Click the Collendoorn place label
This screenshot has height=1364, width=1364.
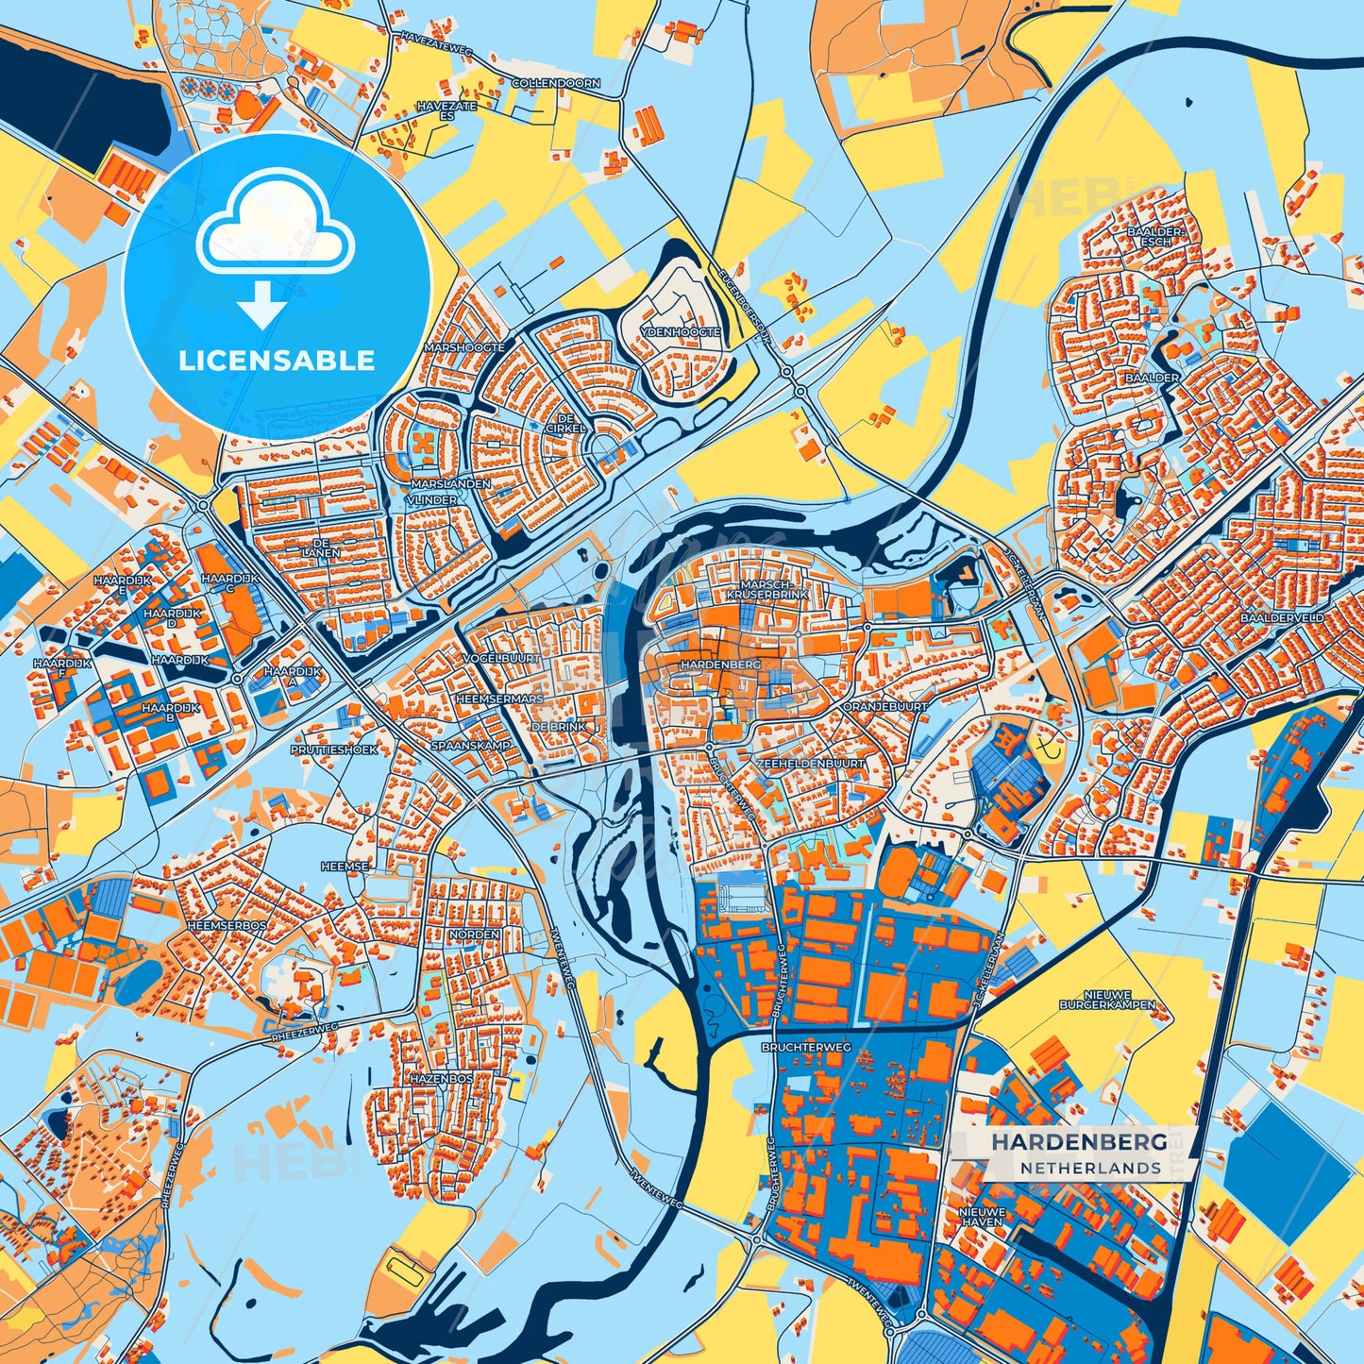tap(555, 83)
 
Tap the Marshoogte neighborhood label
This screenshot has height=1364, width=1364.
tap(464, 347)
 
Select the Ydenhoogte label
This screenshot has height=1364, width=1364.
tap(680, 332)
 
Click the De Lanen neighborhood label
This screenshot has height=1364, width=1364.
tap(322, 548)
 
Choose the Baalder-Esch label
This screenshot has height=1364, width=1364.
tap(1155, 236)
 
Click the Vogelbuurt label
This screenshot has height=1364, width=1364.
tap(502, 657)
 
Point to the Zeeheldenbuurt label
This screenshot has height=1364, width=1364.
tap(810, 762)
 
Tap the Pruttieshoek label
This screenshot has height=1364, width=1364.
tap(334, 749)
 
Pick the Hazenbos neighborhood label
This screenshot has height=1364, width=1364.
tap(440, 1077)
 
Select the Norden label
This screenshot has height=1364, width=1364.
tap(475, 934)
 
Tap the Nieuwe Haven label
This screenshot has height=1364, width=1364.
tap(982, 1216)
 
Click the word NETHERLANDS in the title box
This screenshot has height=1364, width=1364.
tap(1089, 1168)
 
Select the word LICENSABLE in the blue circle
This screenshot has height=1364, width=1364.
tap(277, 361)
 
